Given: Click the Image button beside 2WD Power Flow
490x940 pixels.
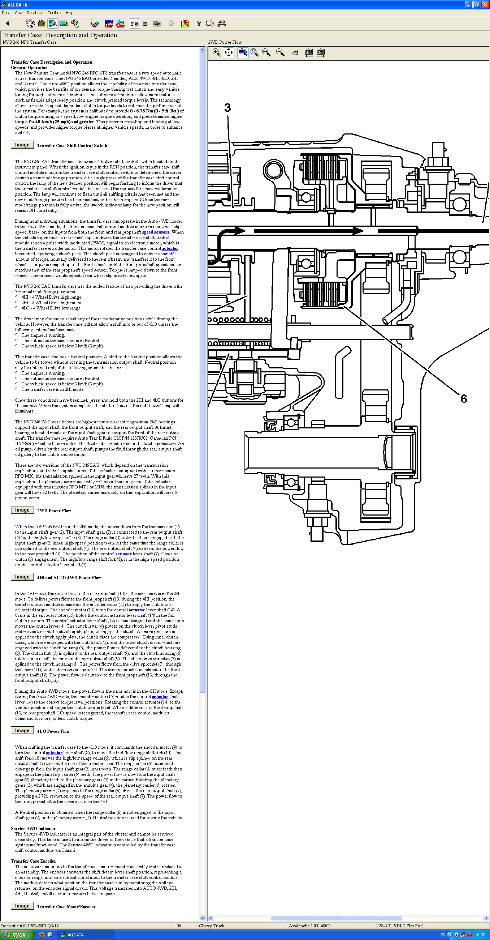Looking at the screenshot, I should (x=22, y=510).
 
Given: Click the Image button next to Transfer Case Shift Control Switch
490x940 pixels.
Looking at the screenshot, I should (x=22, y=145).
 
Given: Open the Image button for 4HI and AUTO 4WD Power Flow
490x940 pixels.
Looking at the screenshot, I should (x=22, y=577).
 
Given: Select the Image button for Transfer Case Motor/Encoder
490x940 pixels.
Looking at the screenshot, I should (x=22, y=906).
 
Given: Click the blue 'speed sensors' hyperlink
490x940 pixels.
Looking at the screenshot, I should (x=156, y=232).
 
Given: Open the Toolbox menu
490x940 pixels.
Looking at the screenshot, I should (x=55, y=13).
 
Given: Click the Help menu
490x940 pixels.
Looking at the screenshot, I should (x=69, y=13).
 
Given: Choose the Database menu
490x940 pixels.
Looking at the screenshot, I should (x=35, y=13).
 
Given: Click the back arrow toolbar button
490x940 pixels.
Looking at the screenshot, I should (x=8, y=24).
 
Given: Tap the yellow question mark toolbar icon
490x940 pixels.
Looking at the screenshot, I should (x=199, y=24).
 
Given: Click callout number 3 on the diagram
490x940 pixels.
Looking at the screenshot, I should (x=227, y=108).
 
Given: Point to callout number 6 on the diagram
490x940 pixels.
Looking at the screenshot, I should (x=463, y=399).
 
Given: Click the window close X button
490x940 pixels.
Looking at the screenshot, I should (x=485, y=4).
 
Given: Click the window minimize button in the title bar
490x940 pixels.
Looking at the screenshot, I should (x=469, y=4).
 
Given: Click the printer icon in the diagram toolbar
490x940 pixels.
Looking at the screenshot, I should (x=295, y=52).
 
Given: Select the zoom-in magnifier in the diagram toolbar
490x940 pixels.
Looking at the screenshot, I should (x=217, y=52).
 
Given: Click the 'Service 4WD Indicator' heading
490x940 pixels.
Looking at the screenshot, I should (x=33, y=829).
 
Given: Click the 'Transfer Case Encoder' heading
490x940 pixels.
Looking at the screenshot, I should (x=33, y=861).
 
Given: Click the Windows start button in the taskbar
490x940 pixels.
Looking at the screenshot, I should (x=16, y=935).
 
